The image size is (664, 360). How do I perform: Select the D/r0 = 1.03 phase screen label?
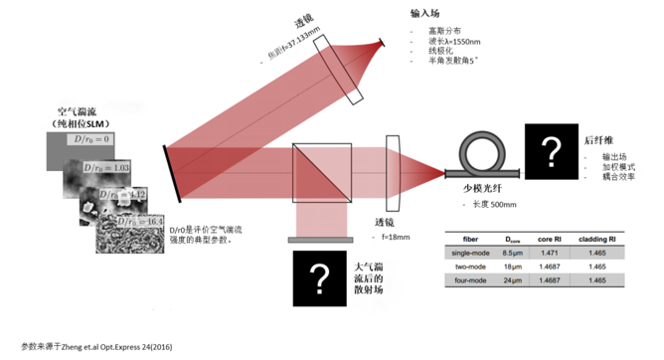[105, 170]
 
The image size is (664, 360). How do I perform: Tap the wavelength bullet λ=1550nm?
[453, 43]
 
